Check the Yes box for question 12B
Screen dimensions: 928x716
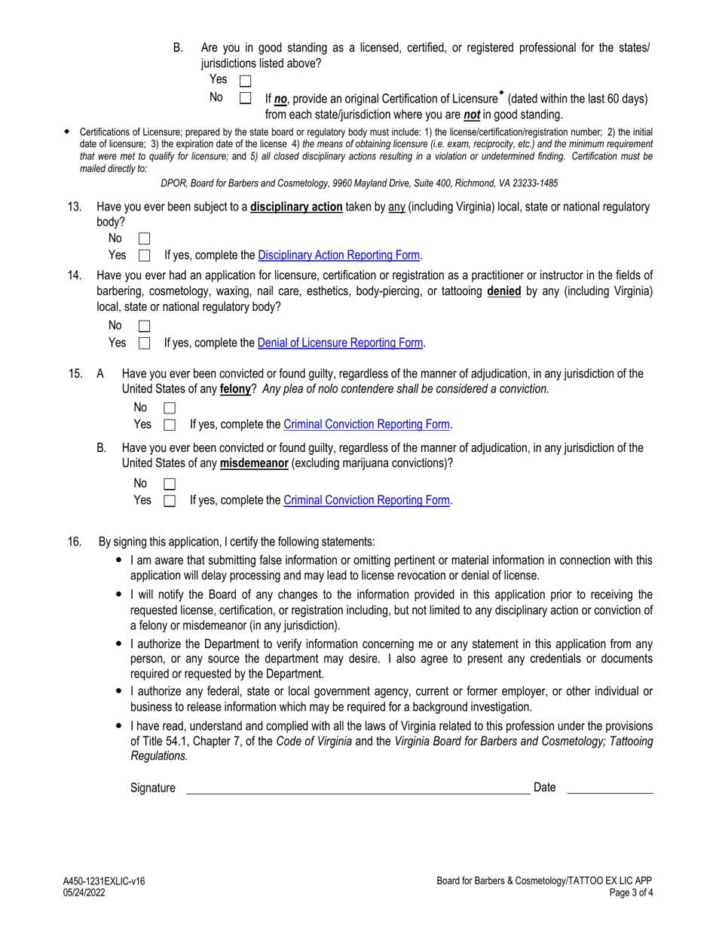click(245, 80)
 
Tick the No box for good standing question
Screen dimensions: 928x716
click(245, 98)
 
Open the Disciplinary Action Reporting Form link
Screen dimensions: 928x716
click(339, 255)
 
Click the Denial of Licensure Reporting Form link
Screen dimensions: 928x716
click(341, 343)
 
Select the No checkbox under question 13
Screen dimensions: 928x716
click(145, 238)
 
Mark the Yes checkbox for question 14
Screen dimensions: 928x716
click(145, 343)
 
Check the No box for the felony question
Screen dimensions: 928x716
click(170, 408)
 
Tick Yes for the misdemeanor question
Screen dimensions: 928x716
click(170, 500)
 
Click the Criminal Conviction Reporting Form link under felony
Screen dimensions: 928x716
click(367, 425)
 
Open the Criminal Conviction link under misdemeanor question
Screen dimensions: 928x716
click(367, 500)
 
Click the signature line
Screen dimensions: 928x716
click(358, 788)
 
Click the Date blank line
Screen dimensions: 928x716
click(609, 788)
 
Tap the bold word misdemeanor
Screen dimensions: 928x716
click(254, 463)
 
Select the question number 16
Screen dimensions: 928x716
click(75, 542)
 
